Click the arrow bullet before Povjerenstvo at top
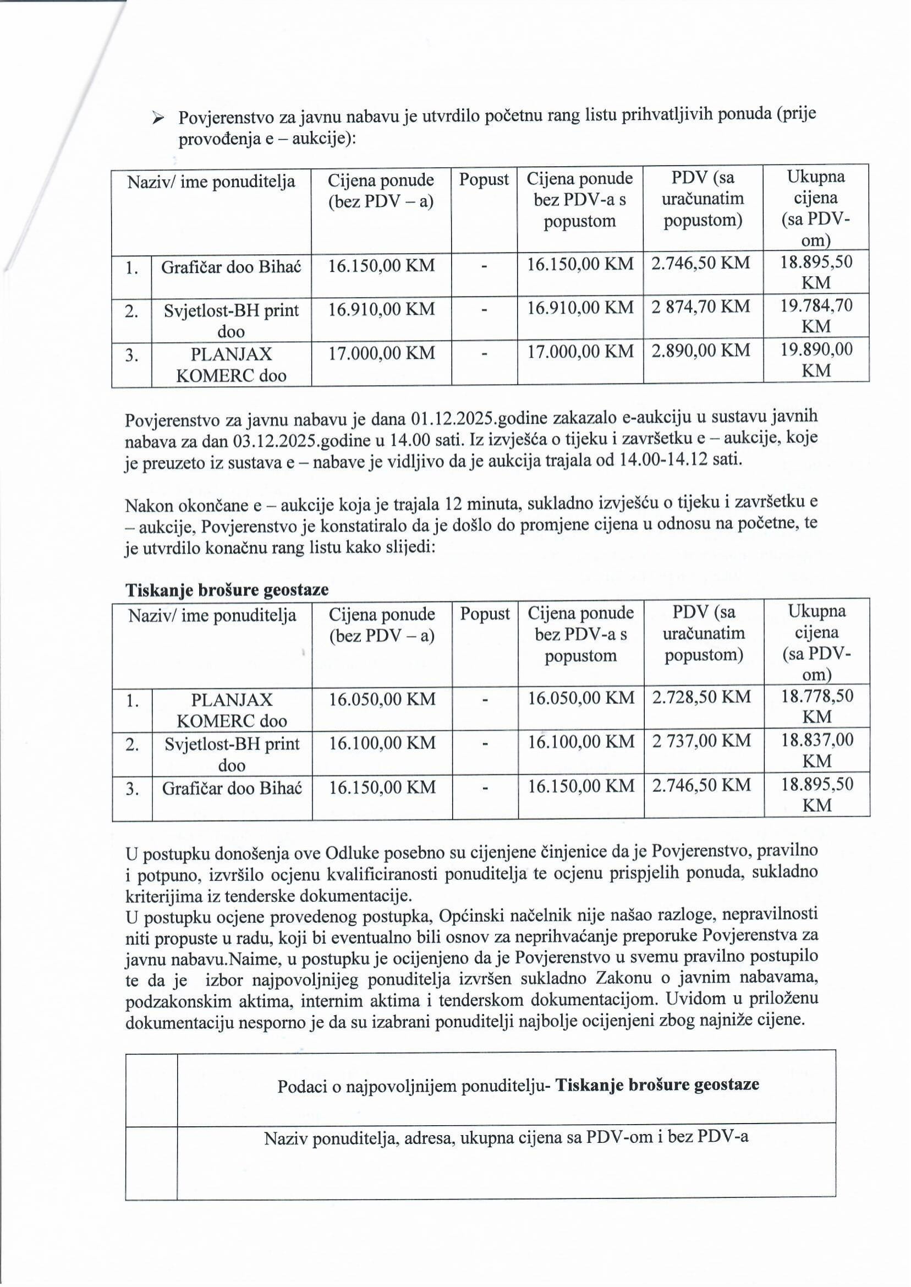point(158,118)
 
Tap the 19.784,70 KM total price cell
point(816,316)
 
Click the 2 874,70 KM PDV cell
point(701,306)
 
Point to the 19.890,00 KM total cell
point(816,360)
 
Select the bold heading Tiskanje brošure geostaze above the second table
point(227,590)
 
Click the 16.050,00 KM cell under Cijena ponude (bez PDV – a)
point(382,699)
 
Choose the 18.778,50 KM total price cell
point(817,707)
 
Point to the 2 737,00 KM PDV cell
point(701,741)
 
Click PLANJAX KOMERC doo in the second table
point(232,710)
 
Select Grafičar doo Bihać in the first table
point(231,266)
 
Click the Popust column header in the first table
point(484,179)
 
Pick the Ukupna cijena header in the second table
point(817,642)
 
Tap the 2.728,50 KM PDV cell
point(701,697)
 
